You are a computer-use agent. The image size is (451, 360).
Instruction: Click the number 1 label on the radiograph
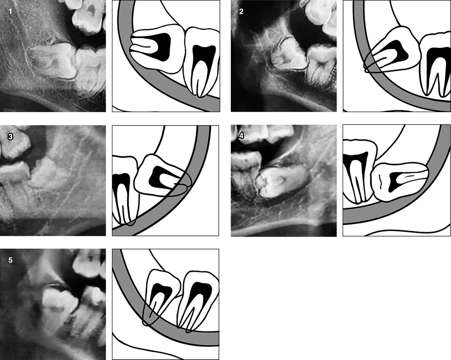pyautogui.click(x=10, y=12)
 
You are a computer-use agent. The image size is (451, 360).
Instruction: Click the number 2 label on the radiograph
pyautogui.click(x=241, y=12)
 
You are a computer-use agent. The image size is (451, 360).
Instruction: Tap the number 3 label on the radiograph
pyautogui.click(x=10, y=137)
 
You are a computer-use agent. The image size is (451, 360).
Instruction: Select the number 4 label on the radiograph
pyautogui.click(x=241, y=136)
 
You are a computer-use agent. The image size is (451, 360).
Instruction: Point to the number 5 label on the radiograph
pyautogui.click(x=10, y=260)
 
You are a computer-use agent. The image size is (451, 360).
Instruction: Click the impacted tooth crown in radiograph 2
pyautogui.click(x=288, y=54)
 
